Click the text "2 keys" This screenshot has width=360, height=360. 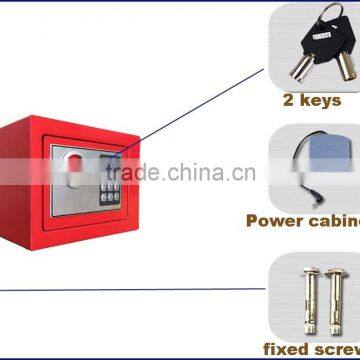313,101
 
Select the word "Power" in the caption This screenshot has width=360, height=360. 274,221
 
